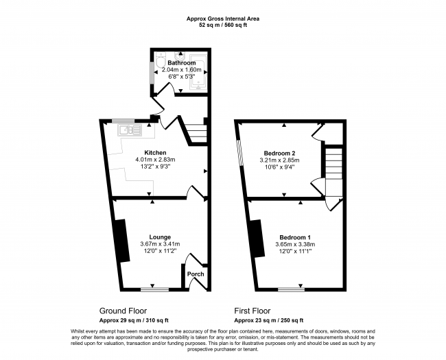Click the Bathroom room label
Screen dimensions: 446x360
[x=181, y=63]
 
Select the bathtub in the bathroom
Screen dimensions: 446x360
[x=199, y=72]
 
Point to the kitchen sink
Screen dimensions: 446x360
[x=130, y=130]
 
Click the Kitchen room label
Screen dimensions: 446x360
[x=155, y=153]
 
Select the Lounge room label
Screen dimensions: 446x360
[x=160, y=237]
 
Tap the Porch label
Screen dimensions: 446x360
[x=196, y=274]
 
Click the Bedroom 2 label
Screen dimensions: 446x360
[x=279, y=154]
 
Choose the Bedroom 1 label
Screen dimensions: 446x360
[x=295, y=237]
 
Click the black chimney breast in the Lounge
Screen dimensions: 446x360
[x=121, y=241]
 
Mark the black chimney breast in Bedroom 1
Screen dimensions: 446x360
[x=257, y=239]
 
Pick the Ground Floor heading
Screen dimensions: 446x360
[x=123, y=311]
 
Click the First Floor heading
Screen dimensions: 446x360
[x=253, y=311]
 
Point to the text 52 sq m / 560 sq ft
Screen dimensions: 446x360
[x=223, y=25]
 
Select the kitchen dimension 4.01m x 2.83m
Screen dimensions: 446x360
[x=155, y=160]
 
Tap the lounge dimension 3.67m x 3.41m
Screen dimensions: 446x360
[x=160, y=244]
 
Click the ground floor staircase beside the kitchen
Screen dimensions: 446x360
[x=196, y=133]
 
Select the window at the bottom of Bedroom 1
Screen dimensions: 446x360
[x=291, y=290]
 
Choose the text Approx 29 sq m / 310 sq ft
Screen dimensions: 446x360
[x=134, y=320]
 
